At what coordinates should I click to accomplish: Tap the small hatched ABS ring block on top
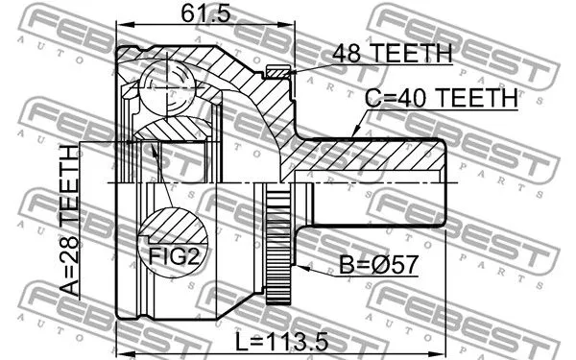click(x=278, y=70)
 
